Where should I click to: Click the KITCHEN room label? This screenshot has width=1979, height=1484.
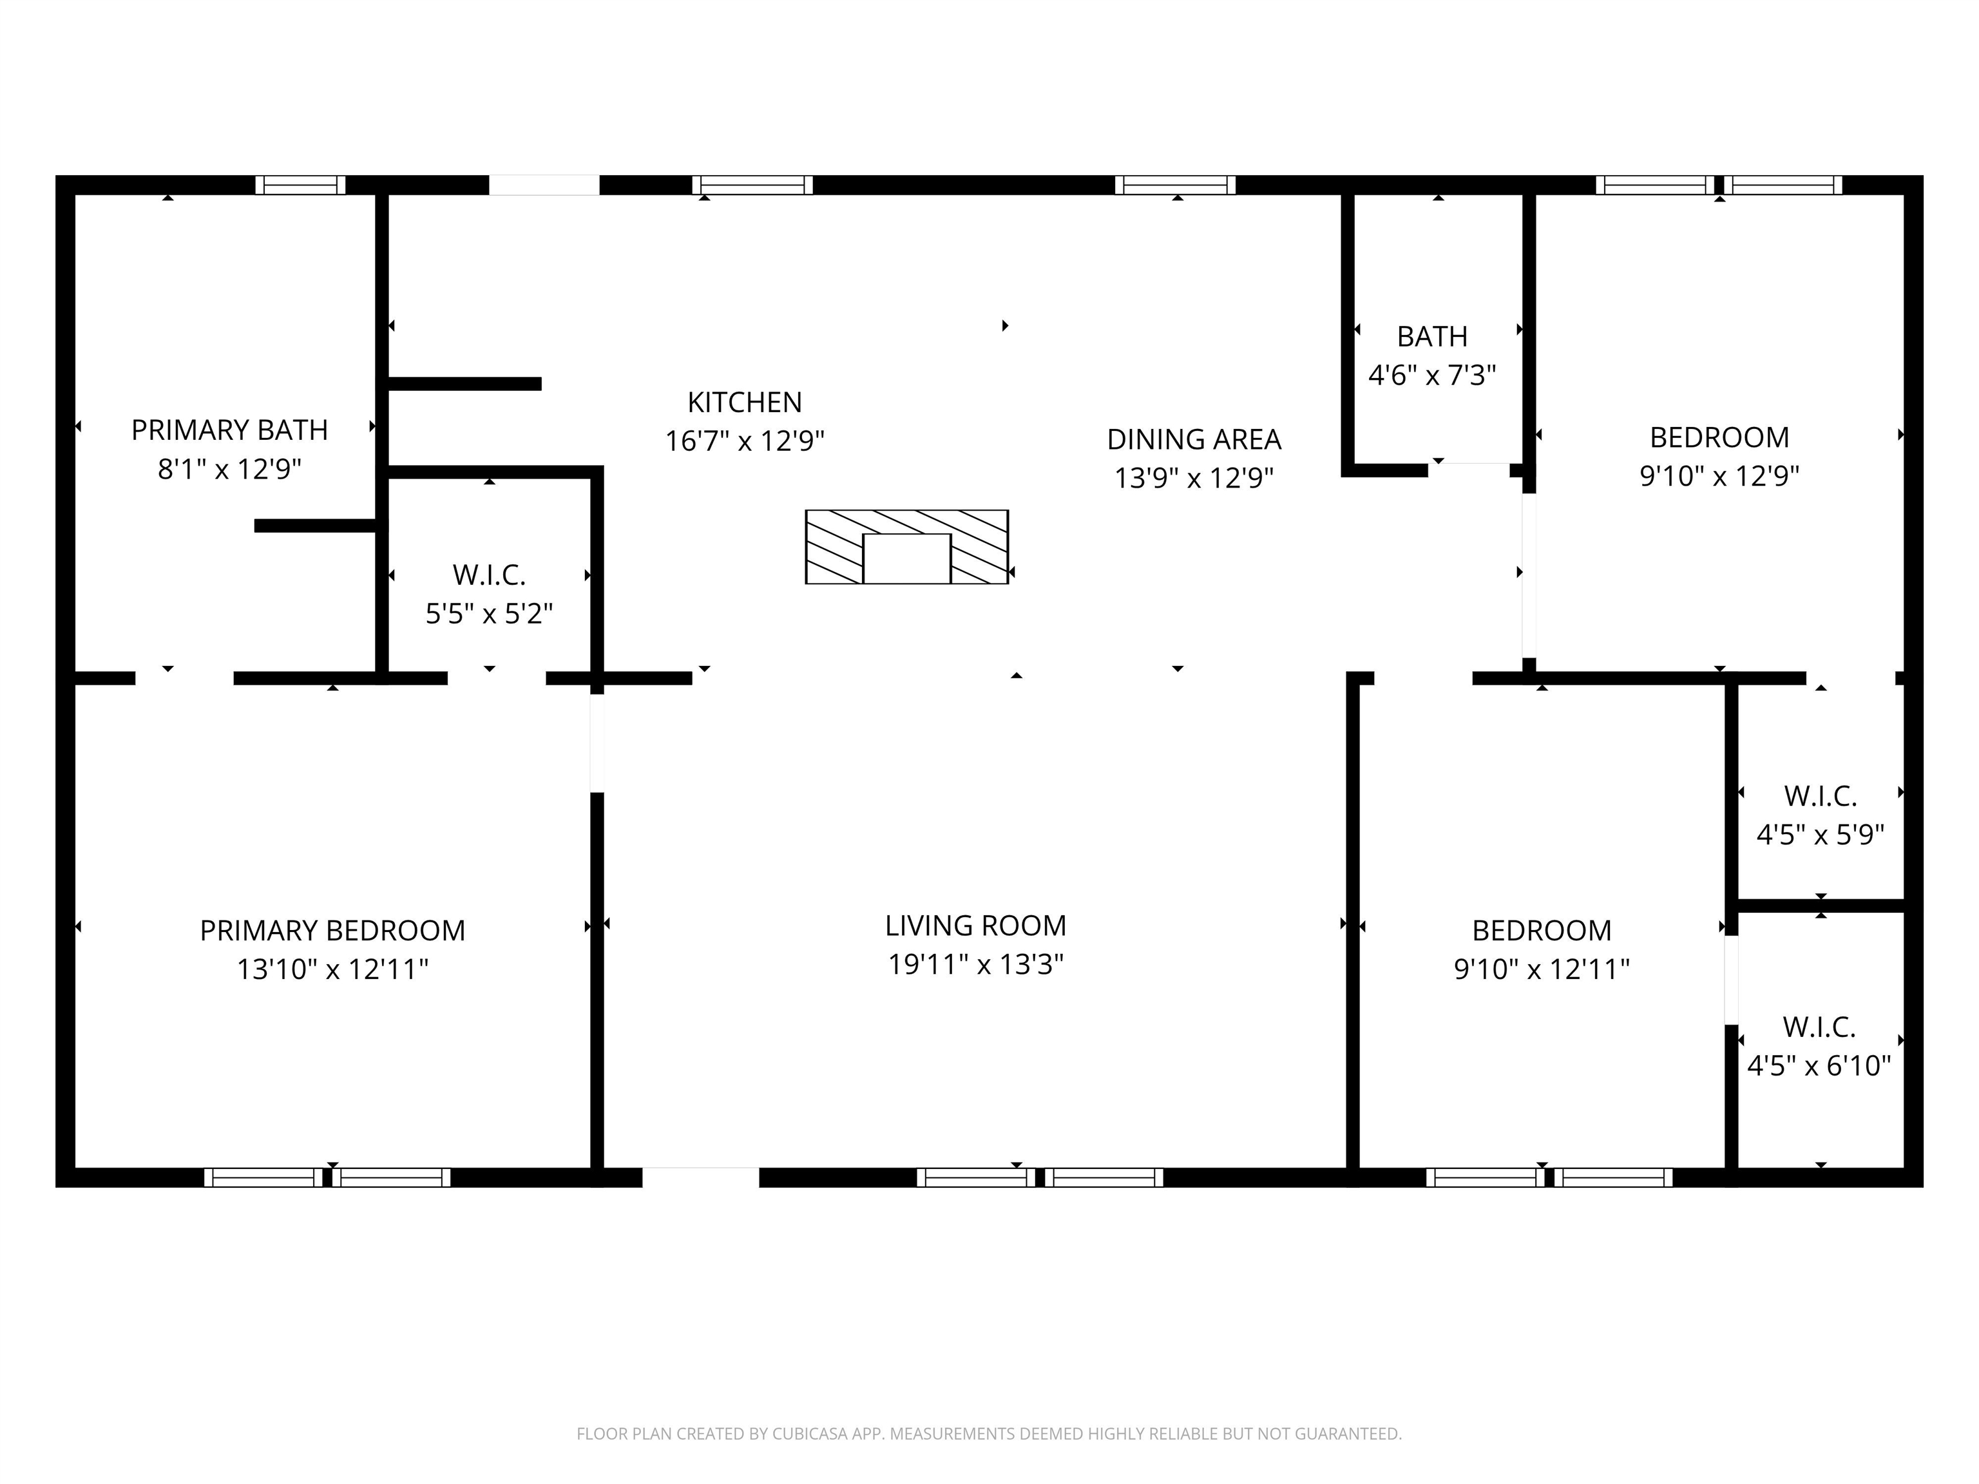(x=744, y=403)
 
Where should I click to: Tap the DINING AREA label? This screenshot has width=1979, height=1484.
(x=1194, y=439)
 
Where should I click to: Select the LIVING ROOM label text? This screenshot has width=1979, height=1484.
(x=975, y=925)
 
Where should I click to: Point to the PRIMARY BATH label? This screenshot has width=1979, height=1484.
(x=230, y=430)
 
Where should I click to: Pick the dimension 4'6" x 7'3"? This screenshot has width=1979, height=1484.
(x=1432, y=375)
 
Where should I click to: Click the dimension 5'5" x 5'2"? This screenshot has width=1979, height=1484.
(x=490, y=614)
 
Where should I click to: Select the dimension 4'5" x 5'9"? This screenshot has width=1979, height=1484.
(x=1821, y=835)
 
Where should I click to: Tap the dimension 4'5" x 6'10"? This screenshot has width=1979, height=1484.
(x=1820, y=1065)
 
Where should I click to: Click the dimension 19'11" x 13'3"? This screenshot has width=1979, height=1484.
(x=975, y=964)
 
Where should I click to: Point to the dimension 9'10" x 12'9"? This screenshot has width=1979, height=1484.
(x=1719, y=476)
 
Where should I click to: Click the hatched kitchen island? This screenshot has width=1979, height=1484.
(x=907, y=547)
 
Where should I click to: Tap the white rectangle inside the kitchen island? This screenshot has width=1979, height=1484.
(x=907, y=558)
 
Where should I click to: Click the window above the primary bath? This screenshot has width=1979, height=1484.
(x=301, y=185)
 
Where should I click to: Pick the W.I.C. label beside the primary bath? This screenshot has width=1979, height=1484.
(x=490, y=575)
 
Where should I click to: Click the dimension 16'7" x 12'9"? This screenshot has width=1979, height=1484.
(x=744, y=441)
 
